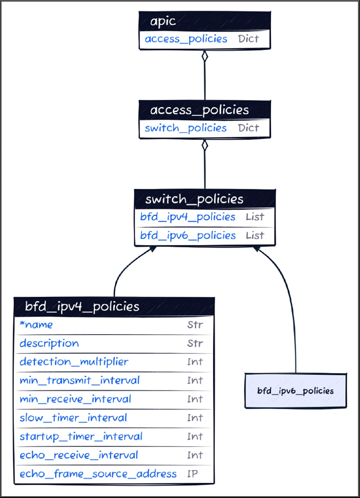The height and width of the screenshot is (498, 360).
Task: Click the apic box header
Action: pos(204,21)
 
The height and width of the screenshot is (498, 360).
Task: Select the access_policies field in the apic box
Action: pos(186,39)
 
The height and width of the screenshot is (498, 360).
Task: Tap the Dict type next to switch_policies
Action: pos(248,128)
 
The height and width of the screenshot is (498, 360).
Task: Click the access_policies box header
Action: pos(204,110)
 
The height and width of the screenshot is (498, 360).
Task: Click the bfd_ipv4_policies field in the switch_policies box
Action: pos(188,217)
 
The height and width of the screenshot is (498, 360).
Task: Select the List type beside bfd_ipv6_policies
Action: pos(255,235)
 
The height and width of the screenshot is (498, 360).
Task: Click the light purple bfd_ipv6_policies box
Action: pos(295,391)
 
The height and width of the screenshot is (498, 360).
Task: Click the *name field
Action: pos(36,325)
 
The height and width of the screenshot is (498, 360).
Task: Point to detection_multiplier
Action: pos(74,362)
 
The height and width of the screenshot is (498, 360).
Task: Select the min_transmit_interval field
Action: pos(80,380)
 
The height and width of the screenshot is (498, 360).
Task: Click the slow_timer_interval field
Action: pos(73,418)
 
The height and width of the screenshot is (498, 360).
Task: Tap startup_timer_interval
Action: pos(81,436)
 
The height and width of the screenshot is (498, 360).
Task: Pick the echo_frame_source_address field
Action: pos(98,474)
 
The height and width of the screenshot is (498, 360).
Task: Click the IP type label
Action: pos(193,474)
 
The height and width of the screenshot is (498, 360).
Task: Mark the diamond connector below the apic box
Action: pos(205,56)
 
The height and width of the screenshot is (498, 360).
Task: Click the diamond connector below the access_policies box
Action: pos(205,145)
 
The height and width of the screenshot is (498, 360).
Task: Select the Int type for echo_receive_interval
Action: pos(195,455)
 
